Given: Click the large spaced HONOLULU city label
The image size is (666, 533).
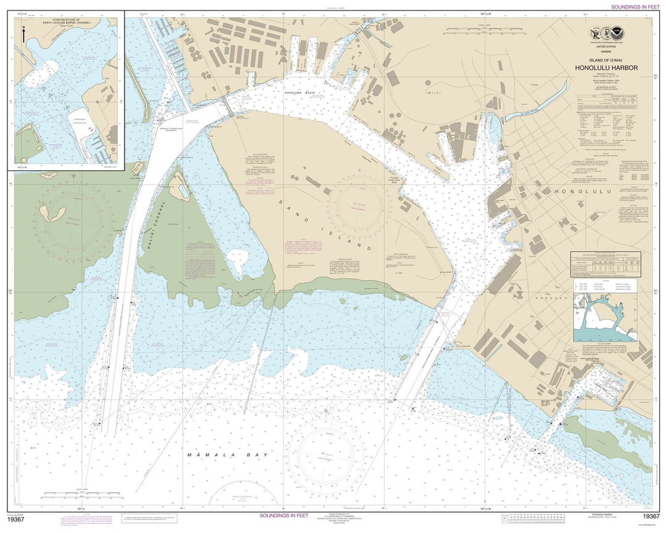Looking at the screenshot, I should click(582, 192).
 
